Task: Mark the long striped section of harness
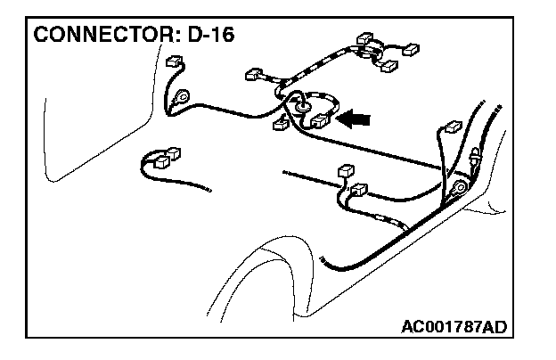click(x=312, y=64)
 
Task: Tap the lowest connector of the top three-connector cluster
click(x=388, y=65)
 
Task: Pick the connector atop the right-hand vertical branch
click(x=452, y=127)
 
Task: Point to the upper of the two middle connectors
click(x=347, y=172)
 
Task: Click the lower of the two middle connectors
click(x=360, y=189)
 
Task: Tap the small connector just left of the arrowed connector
click(x=280, y=123)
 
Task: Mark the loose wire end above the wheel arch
click(x=323, y=258)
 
